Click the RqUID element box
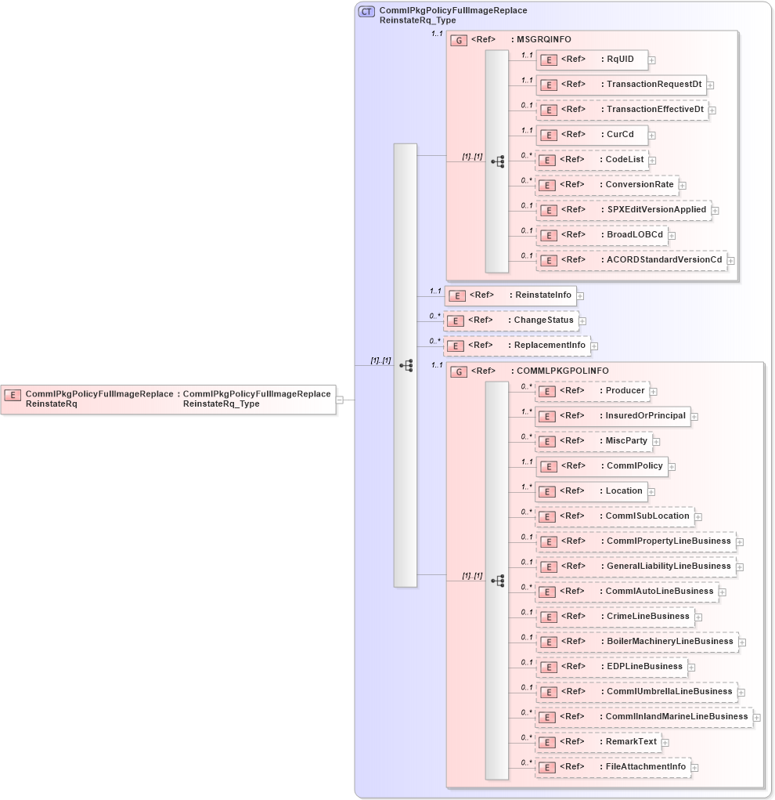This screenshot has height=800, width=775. [x=591, y=60]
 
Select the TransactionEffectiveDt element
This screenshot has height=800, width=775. [x=622, y=110]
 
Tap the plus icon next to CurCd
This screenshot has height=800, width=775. [x=652, y=135]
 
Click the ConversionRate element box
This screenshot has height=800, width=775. [x=607, y=185]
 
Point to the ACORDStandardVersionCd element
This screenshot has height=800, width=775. [x=631, y=260]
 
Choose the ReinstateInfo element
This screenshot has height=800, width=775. [x=510, y=295]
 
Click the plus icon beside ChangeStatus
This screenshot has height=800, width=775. [x=582, y=320]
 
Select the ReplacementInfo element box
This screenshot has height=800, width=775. [x=517, y=346]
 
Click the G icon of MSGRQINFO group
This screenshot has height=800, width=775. [x=460, y=40]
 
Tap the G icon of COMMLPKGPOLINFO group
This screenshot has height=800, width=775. [x=460, y=371]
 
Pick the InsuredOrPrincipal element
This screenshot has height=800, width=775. [x=613, y=416]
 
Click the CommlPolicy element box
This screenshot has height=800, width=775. [x=601, y=466]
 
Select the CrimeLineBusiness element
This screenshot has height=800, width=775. [x=615, y=617]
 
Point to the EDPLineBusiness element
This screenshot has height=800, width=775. [x=611, y=667]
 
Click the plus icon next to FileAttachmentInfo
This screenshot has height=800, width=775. [x=694, y=768]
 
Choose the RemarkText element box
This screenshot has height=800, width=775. [x=598, y=742]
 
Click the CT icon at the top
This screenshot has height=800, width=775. [x=366, y=12]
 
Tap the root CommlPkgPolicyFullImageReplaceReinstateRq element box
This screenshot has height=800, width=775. [x=168, y=399]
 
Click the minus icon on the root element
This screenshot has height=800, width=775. [x=340, y=400]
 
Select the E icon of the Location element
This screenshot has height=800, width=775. [x=550, y=492]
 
